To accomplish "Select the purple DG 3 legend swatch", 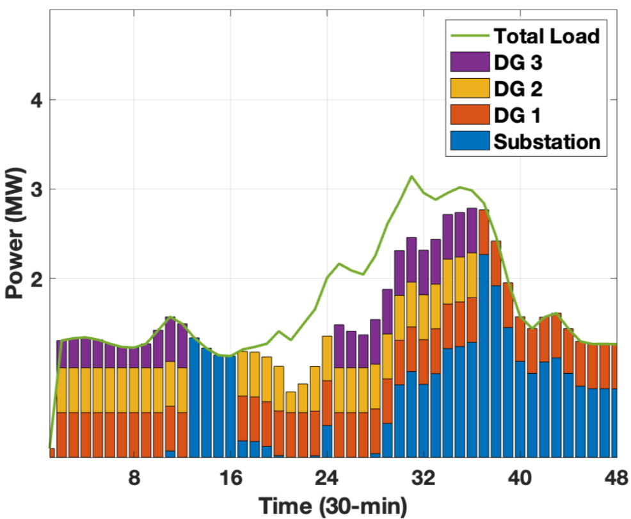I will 470,63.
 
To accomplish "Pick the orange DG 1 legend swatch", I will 470,115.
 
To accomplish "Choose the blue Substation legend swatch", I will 470,141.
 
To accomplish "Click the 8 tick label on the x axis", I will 134,478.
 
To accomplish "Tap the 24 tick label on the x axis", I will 327,478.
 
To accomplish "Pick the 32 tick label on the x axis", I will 424,478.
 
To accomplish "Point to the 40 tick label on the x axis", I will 520,478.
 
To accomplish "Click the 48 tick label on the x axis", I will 615,478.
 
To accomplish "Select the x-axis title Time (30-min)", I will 332,506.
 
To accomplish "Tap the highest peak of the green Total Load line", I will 411,176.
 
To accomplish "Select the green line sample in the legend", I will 470,36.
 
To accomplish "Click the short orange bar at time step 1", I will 52,452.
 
